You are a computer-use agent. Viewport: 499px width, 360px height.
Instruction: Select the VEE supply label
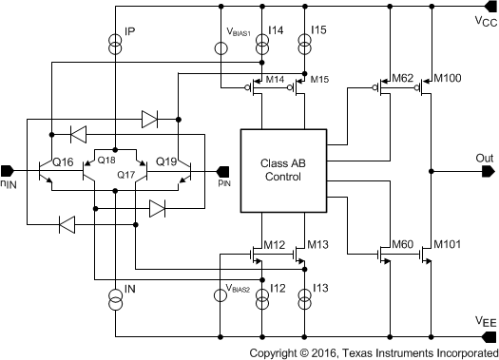point(484,323)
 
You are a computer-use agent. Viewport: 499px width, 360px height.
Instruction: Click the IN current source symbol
point(115,301)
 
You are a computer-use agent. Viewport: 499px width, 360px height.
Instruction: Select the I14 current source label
point(276,31)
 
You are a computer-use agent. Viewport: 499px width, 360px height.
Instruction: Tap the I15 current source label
point(318,31)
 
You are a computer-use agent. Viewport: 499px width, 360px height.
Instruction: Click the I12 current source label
point(277,288)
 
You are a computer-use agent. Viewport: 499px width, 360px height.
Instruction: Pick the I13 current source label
point(319,288)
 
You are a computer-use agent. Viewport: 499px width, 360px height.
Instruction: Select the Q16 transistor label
point(63,162)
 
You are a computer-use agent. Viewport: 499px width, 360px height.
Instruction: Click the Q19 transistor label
point(166,161)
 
